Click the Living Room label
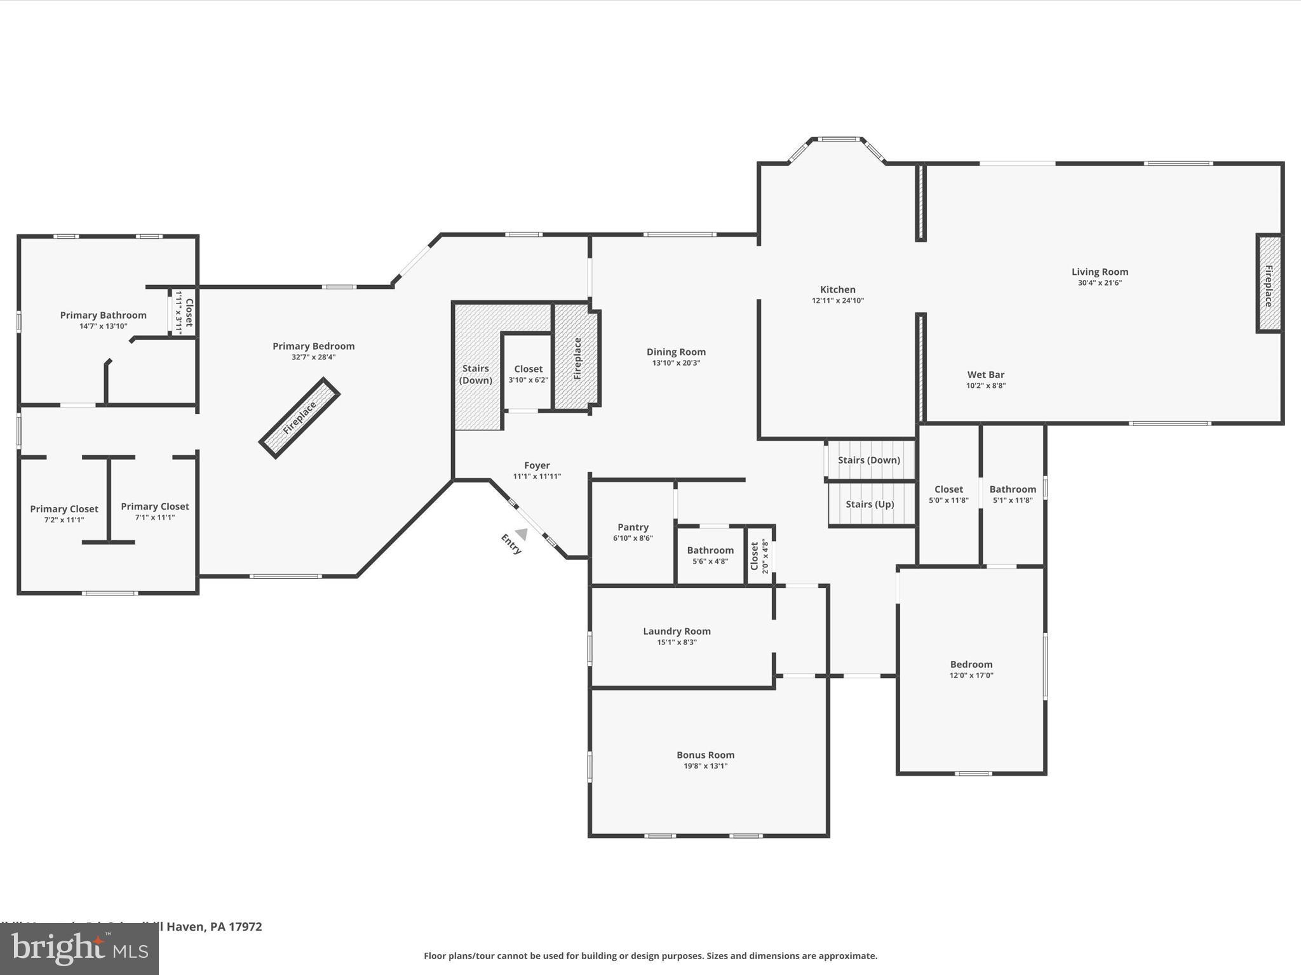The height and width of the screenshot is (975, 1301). click(1100, 272)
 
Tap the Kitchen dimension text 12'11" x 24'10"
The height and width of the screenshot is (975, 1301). click(837, 301)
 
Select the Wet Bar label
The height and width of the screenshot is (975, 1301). click(985, 375)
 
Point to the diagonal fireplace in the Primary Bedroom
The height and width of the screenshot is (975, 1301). click(299, 418)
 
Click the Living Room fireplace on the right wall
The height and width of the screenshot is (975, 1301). click(1269, 284)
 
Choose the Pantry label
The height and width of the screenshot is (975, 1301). click(633, 527)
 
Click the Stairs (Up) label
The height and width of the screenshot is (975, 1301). click(870, 504)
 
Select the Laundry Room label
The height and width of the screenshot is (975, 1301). click(677, 631)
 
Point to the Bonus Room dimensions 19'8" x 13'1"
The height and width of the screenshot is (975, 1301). click(705, 766)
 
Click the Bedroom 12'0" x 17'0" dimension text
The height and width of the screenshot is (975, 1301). click(971, 675)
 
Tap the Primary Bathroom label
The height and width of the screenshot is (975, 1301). click(103, 315)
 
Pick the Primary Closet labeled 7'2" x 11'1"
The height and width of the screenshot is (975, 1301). click(64, 509)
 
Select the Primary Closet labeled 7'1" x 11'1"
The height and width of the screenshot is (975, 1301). click(155, 507)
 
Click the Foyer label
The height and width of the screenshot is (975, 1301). click(537, 465)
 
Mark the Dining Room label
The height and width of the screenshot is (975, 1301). click(676, 352)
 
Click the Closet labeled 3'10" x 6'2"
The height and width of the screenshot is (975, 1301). click(528, 369)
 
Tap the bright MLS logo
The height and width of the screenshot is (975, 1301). click(79, 949)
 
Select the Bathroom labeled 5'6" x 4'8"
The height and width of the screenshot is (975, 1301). click(710, 550)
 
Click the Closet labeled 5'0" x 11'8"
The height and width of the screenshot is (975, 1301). click(948, 489)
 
